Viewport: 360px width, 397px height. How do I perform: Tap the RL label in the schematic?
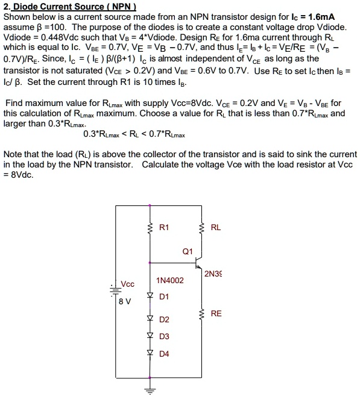pyautogui.click(x=216, y=227)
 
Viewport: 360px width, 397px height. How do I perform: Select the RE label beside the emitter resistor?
pyautogui.click(x=216, y=313)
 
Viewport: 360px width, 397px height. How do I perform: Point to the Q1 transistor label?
pyautogui.click(x=187, y=252)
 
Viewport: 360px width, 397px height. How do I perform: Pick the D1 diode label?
pyautogui.click(x=165, y=296)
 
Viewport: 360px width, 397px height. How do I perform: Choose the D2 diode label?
pyautogui.click(x=165, y=319)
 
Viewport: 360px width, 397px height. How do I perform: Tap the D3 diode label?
pyautogui.click(x=165, y=336)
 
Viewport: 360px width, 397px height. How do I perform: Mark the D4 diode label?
pyautogui.click(x=165, y=354)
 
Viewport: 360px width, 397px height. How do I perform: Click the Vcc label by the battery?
pyautogui.click(x=128, y=284)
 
